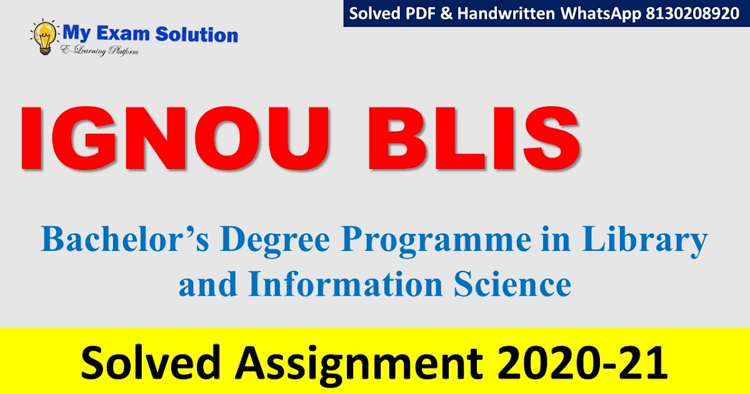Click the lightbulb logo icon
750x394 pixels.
[x=44, y=37]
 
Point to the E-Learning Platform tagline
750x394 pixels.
[x=99, y=50]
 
